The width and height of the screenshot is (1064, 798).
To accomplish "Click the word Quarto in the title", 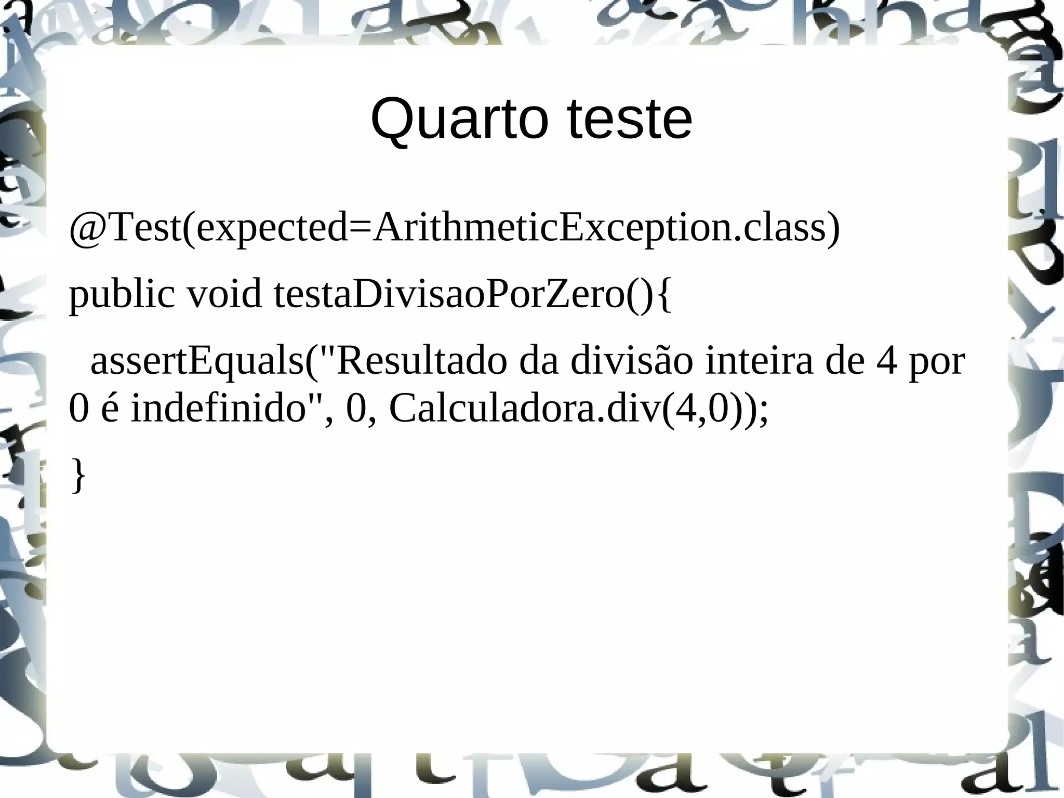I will click(459, 120).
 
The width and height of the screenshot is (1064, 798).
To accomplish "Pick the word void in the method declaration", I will click(224, 294).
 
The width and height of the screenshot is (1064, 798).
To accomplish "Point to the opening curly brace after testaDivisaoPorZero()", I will click(662, 295).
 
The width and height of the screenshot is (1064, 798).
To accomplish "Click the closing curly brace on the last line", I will click(78, 474).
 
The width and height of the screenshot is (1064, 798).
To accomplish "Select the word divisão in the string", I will click(631, 360).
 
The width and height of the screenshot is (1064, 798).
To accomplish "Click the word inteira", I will click(759, 360).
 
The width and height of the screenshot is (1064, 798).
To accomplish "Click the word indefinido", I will click(218, 409).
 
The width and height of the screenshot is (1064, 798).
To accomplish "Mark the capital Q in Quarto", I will click(391, 120).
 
